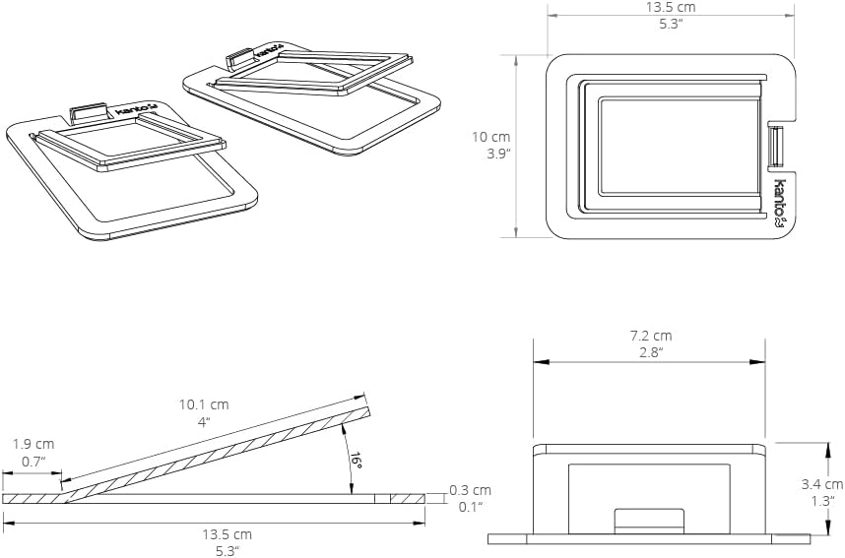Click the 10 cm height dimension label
coord(490,137)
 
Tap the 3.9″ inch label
coord(498,154)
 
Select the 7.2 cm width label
coord(651,336)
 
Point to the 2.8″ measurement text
coord(651,352)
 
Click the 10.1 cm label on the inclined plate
coord(204,404)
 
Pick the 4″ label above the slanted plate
coord(204,421)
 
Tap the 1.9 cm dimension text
coord(33,445)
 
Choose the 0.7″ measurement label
coord(33,462)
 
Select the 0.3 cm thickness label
coord(471,490)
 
